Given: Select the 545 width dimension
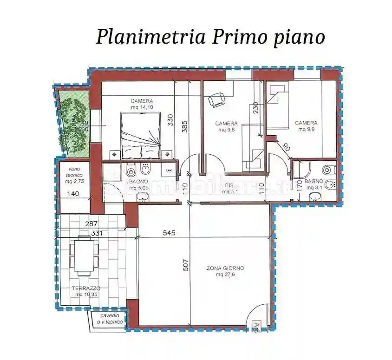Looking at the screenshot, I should [169, 233].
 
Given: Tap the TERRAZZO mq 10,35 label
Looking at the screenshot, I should [86, 291].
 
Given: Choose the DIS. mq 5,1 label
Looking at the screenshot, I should [231, 188].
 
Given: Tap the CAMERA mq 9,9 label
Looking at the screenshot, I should [306, 126].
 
